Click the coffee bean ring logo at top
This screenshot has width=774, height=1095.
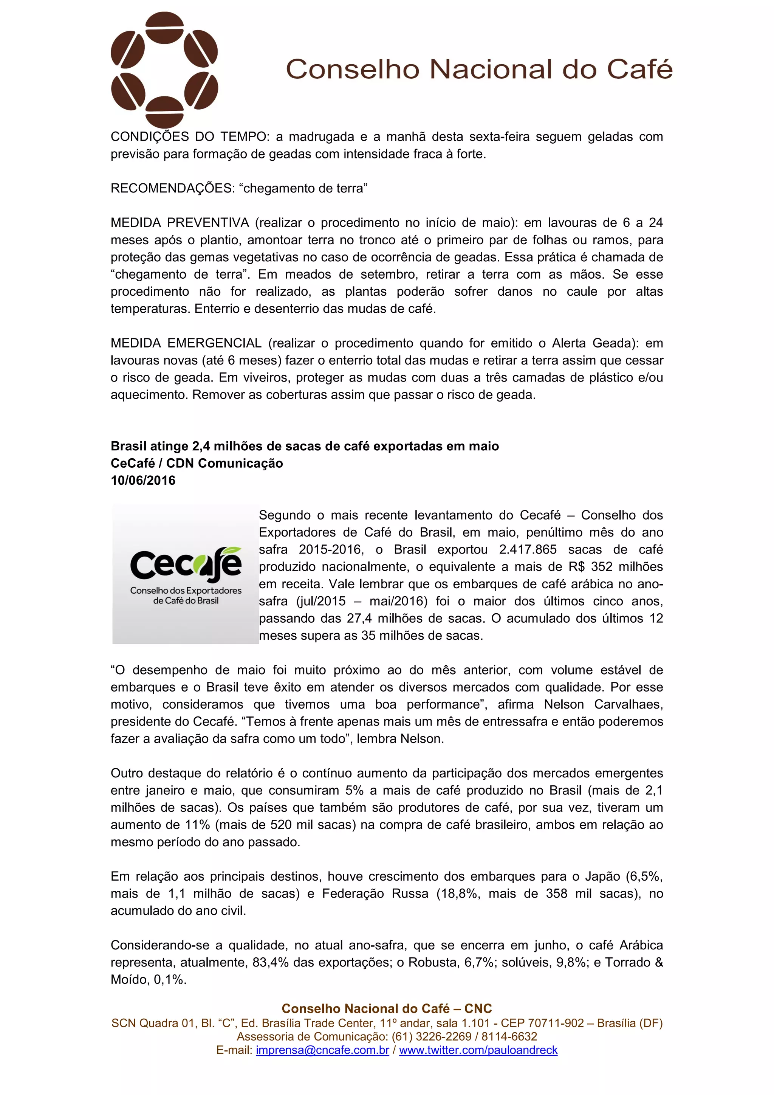click(164, 70)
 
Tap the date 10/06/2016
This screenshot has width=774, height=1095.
click(143, 480)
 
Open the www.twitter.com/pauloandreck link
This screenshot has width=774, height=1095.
click(478, 1050)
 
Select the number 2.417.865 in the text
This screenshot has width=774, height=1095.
click(528, 549)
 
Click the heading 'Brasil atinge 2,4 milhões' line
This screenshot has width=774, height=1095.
click(305, 446)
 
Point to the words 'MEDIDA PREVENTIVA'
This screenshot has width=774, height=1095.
click(180, 223)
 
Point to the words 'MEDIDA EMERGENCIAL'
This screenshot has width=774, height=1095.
click(186, 343)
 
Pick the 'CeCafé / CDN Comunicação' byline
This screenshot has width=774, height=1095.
click(197, 463)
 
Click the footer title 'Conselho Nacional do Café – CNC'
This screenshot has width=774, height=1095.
click(387, 1008)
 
